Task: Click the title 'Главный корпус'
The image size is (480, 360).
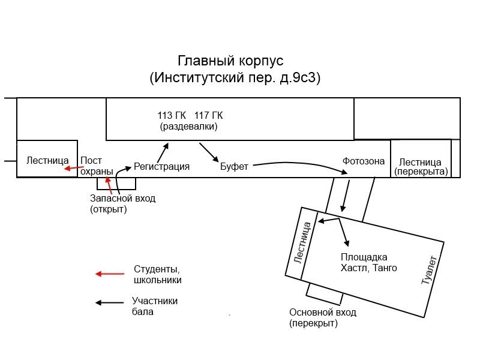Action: pyautogui.click(x=230, y=61)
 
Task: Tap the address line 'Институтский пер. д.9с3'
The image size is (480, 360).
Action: pyautogui.click(x=235, y=78)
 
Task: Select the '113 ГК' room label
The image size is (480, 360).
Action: pyautogui.click(x=172, y=115)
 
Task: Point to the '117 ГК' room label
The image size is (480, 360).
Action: pyautogui.click(x=208, y=115)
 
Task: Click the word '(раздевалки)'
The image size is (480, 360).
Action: pyautogui.click(x=188, y=127)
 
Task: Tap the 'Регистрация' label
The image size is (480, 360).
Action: pyautogui.click(x=161, y=167)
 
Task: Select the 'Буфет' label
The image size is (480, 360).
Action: pyautogui.click(x=234, y=167)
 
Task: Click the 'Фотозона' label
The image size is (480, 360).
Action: pyautogui.click(x=364, y=161)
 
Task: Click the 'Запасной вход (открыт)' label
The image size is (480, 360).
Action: pyautogui.click(x=122, y=203)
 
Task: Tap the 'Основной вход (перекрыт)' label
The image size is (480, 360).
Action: pyautogui.click(x=322, y=317)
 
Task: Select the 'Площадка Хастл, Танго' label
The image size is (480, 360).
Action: pyautogui.click(x=368, y=263)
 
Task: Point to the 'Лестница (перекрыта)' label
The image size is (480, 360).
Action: pyautogui.click(x=421, y=167)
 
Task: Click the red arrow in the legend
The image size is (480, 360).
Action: pyautogui.click(x=109, y=274)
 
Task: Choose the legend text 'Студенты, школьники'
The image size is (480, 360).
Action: pyautogui.click(x=157, y=274)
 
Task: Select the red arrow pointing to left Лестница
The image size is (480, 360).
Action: pyautogui.click(x=74, y=169)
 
